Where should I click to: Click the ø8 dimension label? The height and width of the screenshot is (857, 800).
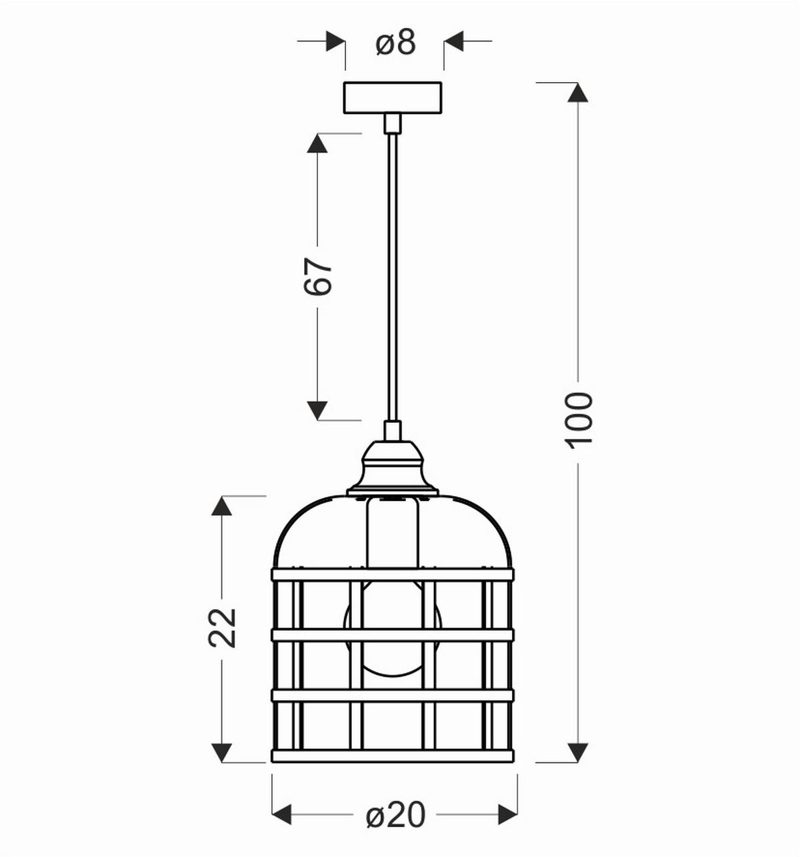pos(395,43)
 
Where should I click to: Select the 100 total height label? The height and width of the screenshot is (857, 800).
pos(578,419)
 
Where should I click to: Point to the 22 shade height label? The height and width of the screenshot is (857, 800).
pos(223,626)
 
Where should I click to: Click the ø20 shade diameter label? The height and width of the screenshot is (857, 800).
pos(395,814)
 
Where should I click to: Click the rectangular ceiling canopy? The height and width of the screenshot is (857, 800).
pos(392,97)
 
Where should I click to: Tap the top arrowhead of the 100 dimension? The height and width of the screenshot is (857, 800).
pos(577,92)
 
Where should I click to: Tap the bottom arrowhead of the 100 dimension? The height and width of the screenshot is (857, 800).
pos(577,752)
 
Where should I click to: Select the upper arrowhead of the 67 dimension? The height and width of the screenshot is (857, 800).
pos(317,143)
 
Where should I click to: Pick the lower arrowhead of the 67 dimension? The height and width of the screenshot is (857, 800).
pos(317,410)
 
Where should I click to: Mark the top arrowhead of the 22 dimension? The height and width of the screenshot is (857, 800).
pos(221,506)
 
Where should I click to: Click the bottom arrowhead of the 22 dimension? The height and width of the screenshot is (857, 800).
pos(221,752)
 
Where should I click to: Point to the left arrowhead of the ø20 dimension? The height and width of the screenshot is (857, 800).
pos(283,814)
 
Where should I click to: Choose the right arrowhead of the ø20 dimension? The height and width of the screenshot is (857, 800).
pos(507,814)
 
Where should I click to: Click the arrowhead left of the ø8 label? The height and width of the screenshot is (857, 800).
pos(335,41)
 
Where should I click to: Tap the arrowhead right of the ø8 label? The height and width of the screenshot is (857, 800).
pos(454,41)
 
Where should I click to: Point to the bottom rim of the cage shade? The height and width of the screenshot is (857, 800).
pos(392,756)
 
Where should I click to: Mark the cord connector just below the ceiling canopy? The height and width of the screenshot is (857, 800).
pos(392,123)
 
